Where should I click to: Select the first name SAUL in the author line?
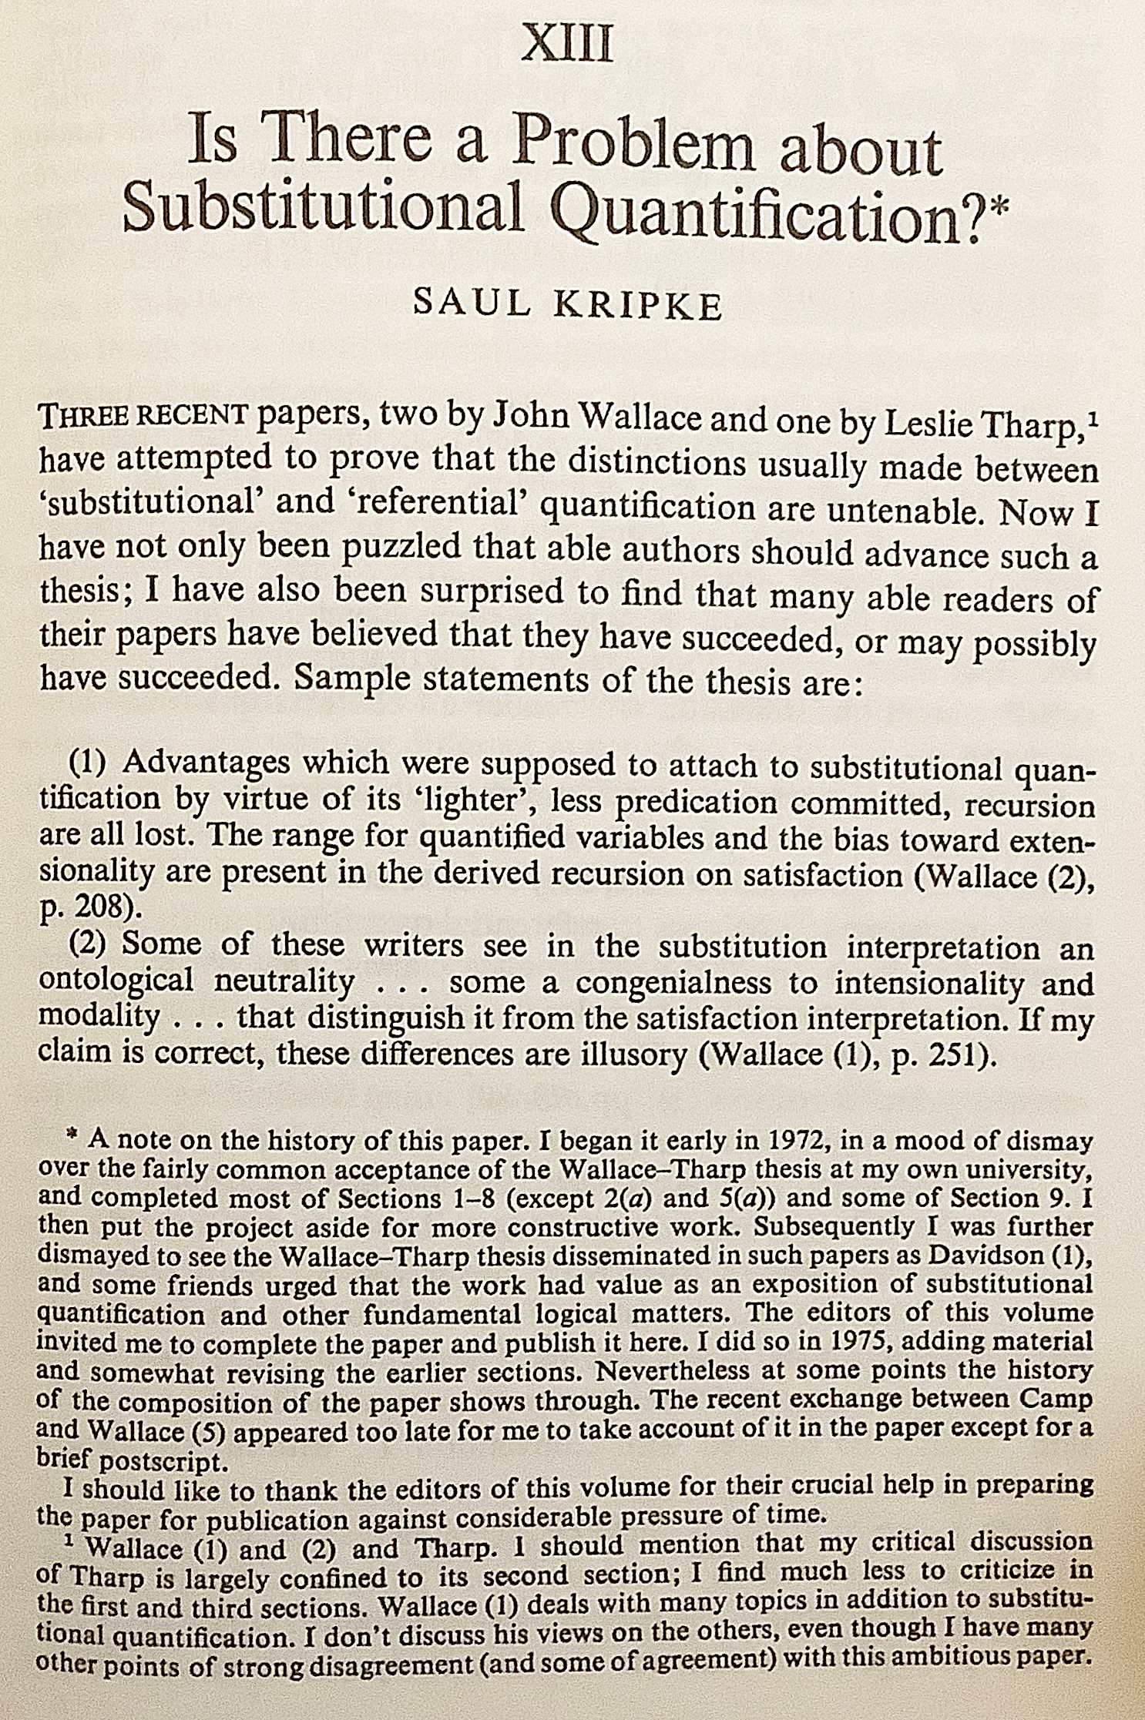[472, 302]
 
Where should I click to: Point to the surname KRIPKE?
[639, 306]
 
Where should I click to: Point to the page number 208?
[107, 908]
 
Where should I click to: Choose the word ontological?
[116, 981]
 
